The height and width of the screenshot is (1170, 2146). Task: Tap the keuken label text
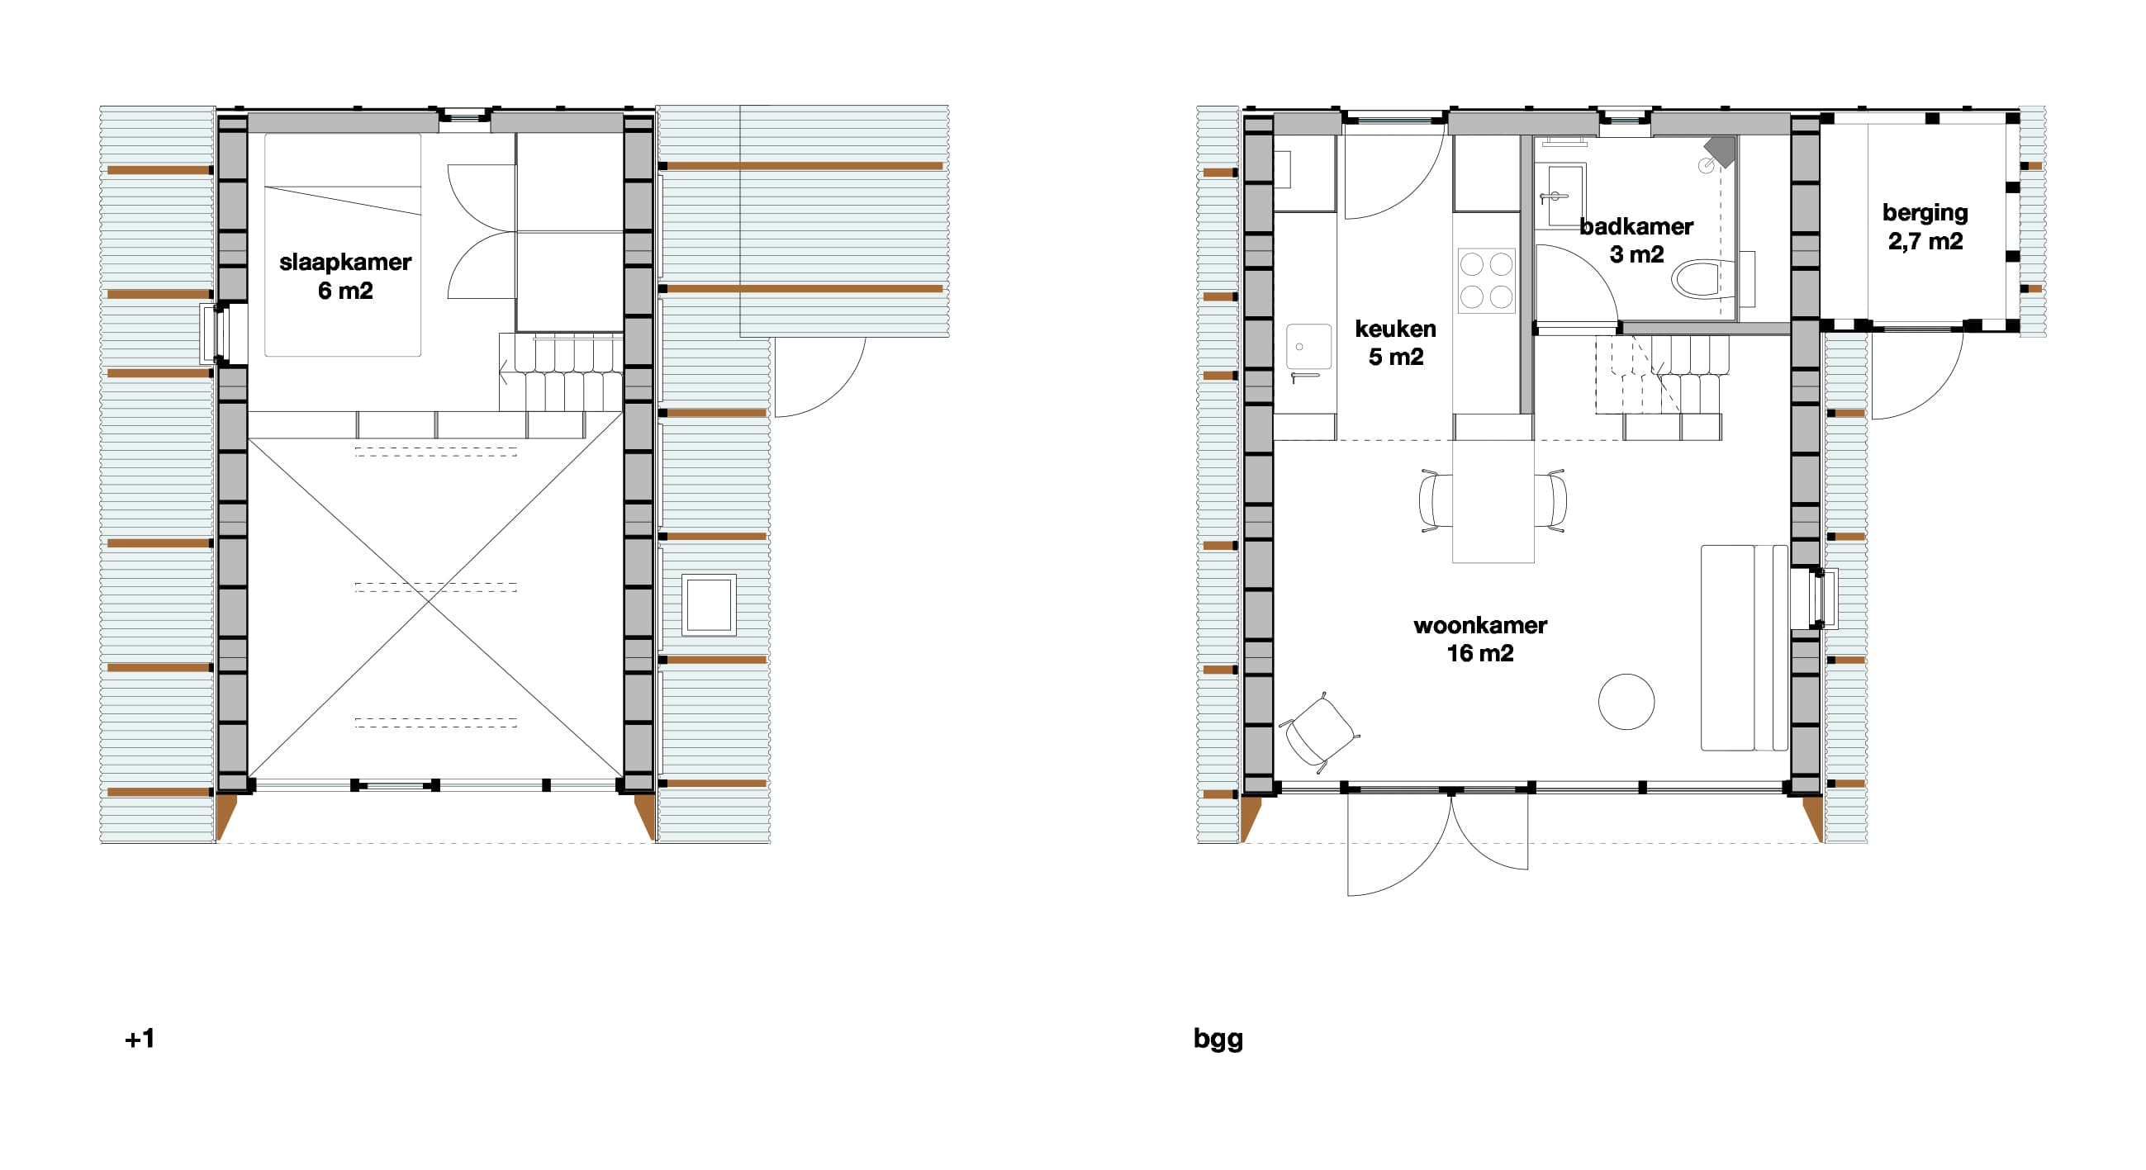point(1395,329)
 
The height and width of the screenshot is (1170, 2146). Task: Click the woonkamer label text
point(1480,625)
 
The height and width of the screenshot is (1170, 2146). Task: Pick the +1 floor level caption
point(140,1039)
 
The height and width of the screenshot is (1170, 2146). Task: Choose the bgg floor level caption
point(1218,1040)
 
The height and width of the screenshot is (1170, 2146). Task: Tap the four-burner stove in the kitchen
point(1487,280)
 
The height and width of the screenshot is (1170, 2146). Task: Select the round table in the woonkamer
point(1626,702)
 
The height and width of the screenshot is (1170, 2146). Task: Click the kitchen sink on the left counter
point(1309,347)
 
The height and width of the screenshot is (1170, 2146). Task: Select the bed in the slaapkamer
point(344,245)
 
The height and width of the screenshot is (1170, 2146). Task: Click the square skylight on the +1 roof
point(709,605)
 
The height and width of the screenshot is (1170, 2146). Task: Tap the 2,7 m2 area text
point(1925,241)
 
